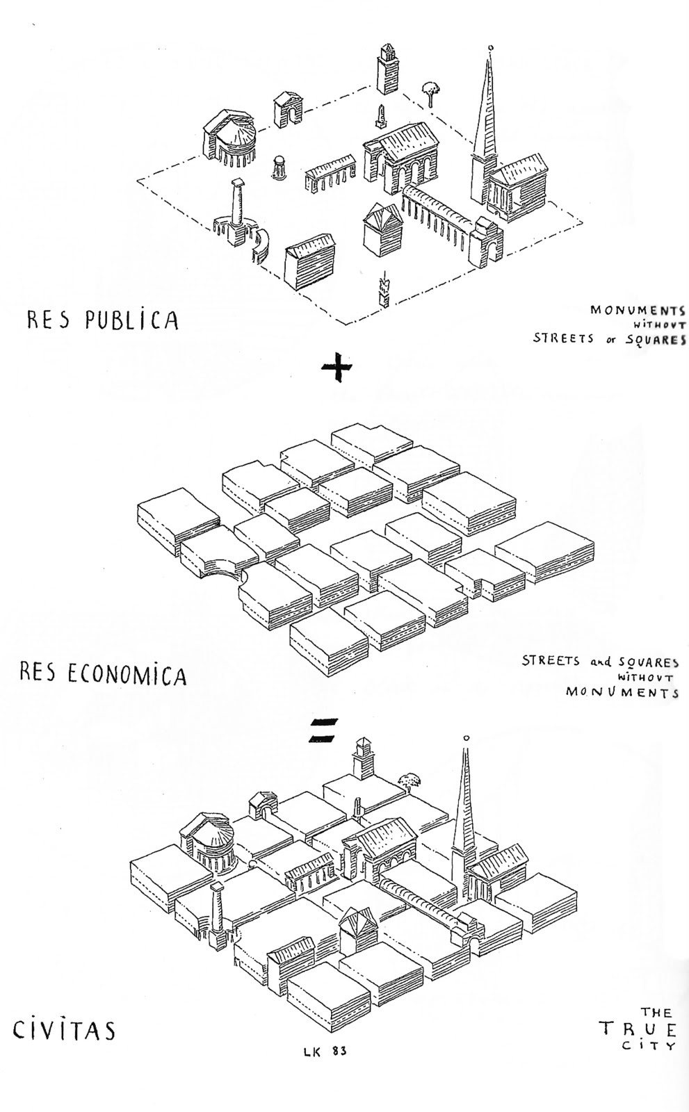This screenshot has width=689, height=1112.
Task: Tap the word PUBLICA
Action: (131, 320)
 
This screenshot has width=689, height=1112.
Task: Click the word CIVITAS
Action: (64, 1029)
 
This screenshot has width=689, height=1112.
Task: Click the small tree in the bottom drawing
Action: (410, 780)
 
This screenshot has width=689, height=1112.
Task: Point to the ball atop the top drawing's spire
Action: (491, 48)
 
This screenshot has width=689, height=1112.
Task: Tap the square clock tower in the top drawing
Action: (387, 68)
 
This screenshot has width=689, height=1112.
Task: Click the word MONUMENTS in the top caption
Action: (638, 311)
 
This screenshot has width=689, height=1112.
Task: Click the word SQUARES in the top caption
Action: (654, 339)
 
